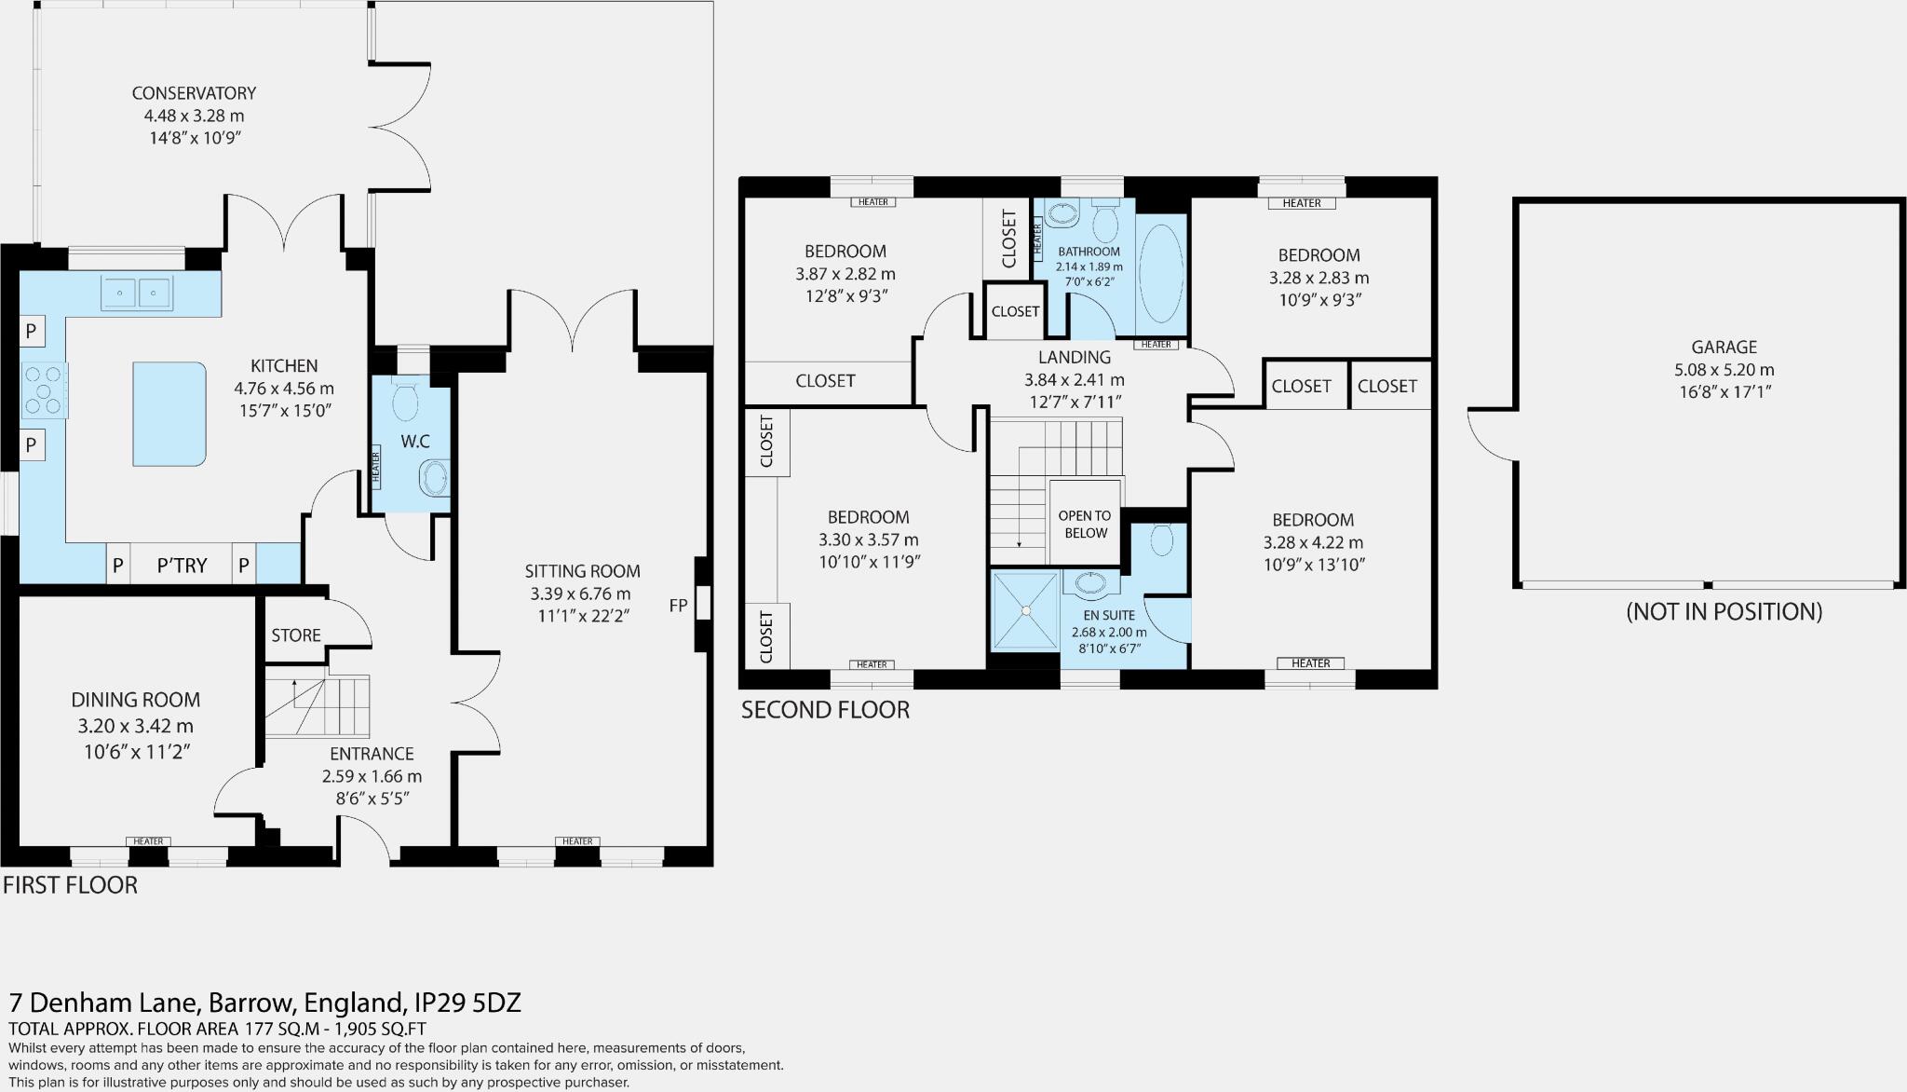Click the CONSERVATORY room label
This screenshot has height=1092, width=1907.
[x=194, y=93]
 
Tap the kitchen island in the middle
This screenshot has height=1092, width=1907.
[x=169, y=414]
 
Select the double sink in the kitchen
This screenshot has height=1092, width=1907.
[x=137, y=293]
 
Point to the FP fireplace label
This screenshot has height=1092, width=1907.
[x=678, y=606]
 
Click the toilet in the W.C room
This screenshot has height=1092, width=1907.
[x=405, y=402]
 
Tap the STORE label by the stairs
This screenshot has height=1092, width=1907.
[x=296, y=635]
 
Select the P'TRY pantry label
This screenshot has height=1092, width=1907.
[x=182, y=566]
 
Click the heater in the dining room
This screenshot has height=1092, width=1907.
[x=148, y=841]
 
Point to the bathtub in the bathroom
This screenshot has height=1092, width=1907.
[x=1160, y=274]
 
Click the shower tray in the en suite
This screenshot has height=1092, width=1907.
[x=1025, y=610]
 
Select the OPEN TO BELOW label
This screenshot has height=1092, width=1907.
[x=1084, y=524]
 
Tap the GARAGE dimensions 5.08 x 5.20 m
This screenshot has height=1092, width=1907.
[x=1724, y=370]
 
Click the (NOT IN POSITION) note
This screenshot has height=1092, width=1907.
[x=1724, y=611]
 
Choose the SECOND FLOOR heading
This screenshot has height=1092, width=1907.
[x=825, y=710]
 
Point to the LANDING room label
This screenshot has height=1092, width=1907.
[x=1075, y=357]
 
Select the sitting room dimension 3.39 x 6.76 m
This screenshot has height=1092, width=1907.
[x=580, y=594]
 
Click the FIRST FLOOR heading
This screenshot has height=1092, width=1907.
[x=70, y=885]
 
